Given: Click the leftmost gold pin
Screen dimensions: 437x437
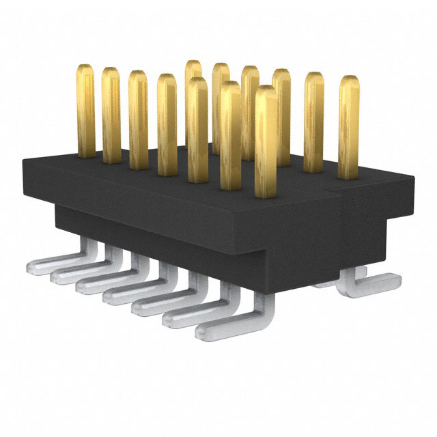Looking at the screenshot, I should click(x=85, y=109).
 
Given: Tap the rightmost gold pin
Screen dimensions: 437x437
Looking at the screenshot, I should click(x=349, y=126).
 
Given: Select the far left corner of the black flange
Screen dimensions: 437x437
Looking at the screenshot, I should click(x=24, y=163).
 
